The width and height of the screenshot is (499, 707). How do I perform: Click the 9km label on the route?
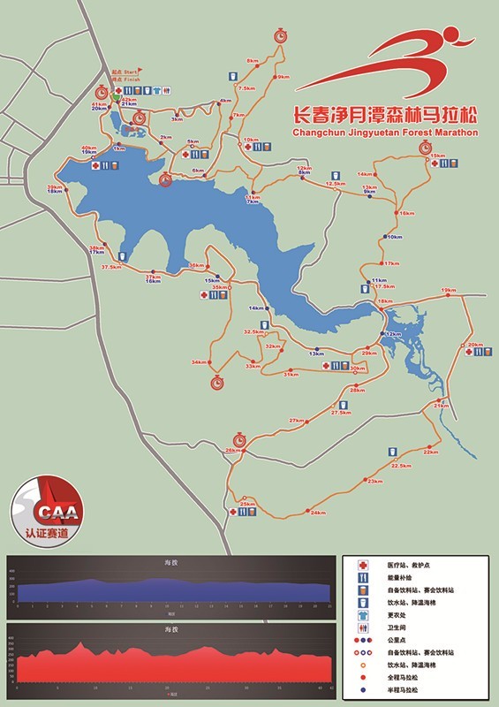point(284,78)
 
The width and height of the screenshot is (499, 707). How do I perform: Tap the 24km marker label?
point(318,513)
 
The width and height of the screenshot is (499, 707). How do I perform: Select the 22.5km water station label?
point(402,466)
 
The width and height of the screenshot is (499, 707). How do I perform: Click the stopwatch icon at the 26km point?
point(238,439)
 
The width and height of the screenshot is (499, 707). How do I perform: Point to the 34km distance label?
point(198,363)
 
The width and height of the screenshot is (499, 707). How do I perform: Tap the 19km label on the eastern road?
point(449,291)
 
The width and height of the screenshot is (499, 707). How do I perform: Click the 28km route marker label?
point(357,391)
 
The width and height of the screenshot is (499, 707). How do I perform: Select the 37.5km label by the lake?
point(110,267)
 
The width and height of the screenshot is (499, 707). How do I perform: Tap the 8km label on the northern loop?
point(253,61)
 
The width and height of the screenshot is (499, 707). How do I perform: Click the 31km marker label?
point(290,375)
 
